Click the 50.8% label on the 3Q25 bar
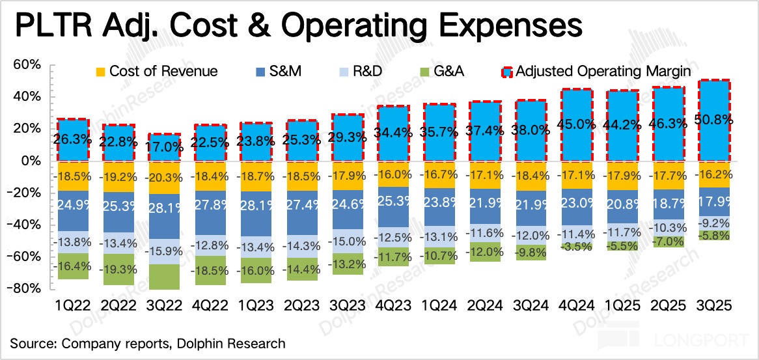pos(715,120)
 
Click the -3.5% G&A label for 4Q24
pos(577,247)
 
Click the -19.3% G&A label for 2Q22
pos(118,268)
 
